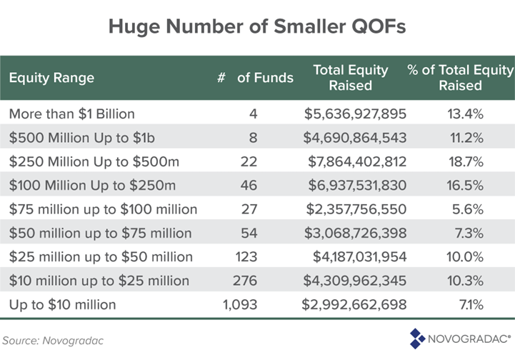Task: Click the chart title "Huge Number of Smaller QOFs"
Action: (257, 26)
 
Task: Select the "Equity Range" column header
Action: (51, 77)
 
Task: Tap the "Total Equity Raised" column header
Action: (351, 77)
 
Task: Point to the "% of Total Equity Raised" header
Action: (460, 77)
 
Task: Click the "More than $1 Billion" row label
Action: (71, 113)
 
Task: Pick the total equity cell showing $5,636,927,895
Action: (355, 113)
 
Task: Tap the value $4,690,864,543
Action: (355, 137)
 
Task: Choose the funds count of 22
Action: (249, 161)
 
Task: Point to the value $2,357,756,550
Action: (355, 209)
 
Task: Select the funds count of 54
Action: (249, 233)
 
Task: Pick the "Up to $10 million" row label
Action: (62, 304)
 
